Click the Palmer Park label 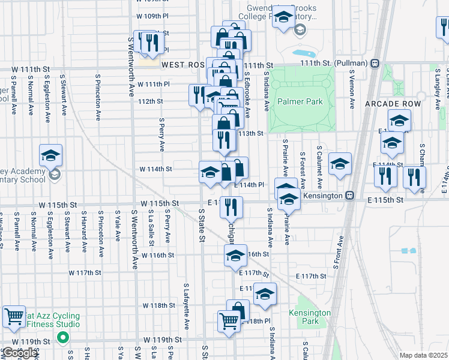(300, 101)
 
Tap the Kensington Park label (310, 317)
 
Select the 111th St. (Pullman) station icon (375, 63)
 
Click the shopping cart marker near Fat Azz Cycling (13, 316)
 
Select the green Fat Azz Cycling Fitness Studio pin (62, 338)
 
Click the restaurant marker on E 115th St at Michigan (231, 206)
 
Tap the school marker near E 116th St (235, 256)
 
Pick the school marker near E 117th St (264, 293)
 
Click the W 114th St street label (155, 169)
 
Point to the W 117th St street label (85, 272)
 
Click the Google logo (19, 353)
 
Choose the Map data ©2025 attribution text (423, 355)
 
